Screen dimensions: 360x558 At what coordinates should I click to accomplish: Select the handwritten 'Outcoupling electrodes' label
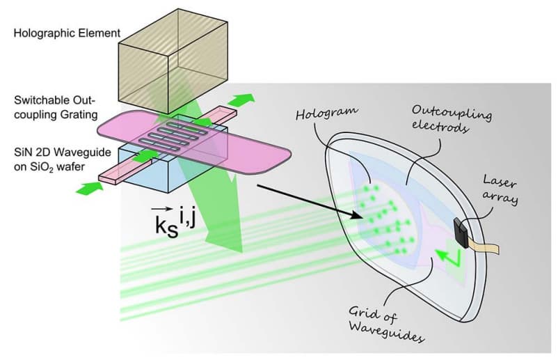443,120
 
